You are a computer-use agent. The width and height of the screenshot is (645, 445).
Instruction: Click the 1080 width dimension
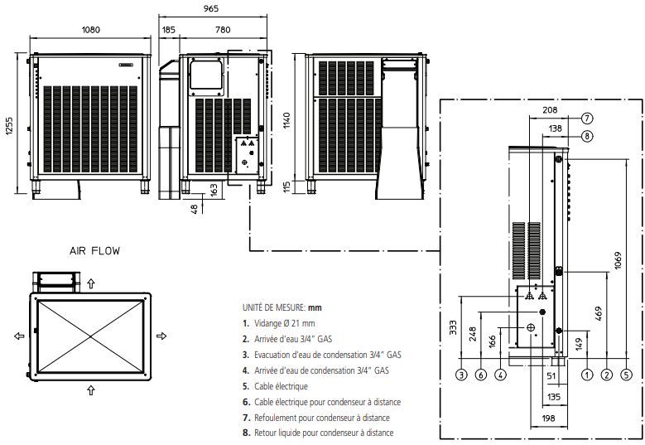[x=90, y=30]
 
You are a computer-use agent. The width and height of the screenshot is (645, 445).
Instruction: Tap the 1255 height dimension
[x=10, y=123]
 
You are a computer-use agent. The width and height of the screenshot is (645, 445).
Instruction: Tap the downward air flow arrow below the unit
[x=90, y=386]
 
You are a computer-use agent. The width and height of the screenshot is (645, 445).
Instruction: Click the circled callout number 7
[x=586, y=118]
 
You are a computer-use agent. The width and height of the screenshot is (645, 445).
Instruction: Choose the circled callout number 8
[x=586, y=135]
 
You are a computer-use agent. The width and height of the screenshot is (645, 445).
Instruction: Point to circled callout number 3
[x=461, y=375]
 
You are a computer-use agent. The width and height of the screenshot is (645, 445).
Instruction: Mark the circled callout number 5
[x=626, y=375]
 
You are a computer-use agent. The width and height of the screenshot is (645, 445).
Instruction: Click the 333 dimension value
[x=452, y=328]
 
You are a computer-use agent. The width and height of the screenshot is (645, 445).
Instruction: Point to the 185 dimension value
[x=169, y=30]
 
